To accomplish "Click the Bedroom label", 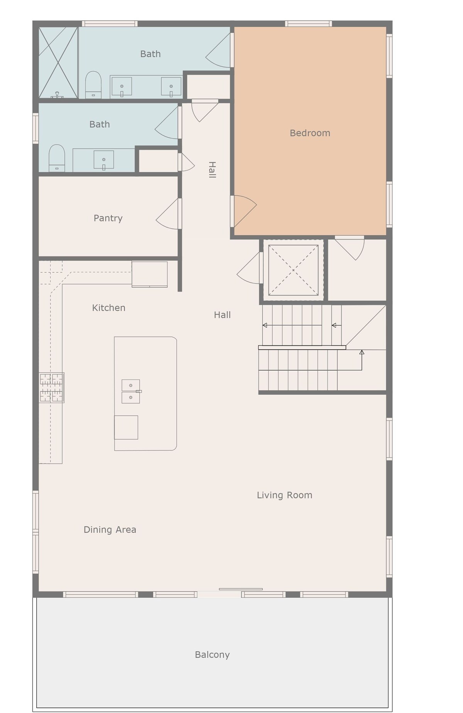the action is click(310, 133).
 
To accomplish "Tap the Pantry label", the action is click(108, 218).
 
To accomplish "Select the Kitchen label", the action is click(109, 308).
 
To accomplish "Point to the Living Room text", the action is click(285, 495).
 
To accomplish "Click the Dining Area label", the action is click(110, 530).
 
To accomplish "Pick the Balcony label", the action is click(212, 655).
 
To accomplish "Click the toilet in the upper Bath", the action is click(93, 85).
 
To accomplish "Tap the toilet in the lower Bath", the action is click(57, 158).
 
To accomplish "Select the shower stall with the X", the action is click(58, 62).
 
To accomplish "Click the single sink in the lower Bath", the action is click(104, 160).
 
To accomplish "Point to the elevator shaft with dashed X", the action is click(293, 270).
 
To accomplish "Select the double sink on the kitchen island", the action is click(131, 391).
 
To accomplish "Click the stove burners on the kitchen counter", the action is click(51, 388).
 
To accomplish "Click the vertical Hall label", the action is click(212, 170).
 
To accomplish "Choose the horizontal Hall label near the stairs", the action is click(222, 315).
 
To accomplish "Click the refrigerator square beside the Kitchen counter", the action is click(150, 275).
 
